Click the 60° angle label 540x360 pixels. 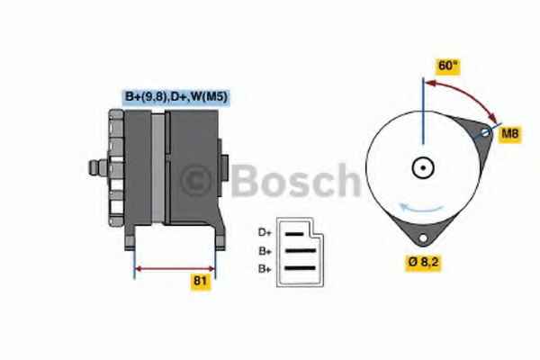(448, 66)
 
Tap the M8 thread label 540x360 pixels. (510, 133)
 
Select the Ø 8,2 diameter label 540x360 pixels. (423, 262)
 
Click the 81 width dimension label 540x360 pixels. (201, 281)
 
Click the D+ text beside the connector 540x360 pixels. (265, 232)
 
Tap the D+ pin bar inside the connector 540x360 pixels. (294, 234)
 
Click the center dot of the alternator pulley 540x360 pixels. (423, 168)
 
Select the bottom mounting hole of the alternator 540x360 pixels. (423, 238)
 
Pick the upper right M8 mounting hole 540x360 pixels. (485, 132)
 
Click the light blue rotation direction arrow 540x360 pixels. (421, 208)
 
